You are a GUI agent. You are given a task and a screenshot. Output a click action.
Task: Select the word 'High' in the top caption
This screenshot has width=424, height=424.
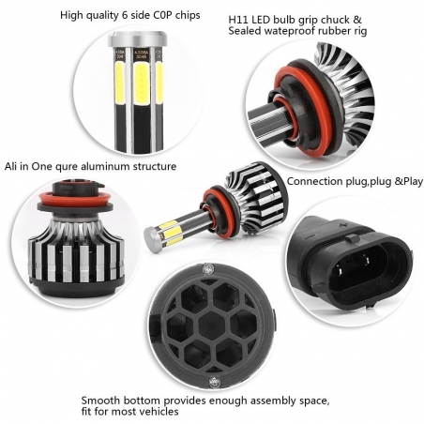(x=72, y=15)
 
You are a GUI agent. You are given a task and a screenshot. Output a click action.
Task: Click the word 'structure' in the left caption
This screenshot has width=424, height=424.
(x=154, y=166)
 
